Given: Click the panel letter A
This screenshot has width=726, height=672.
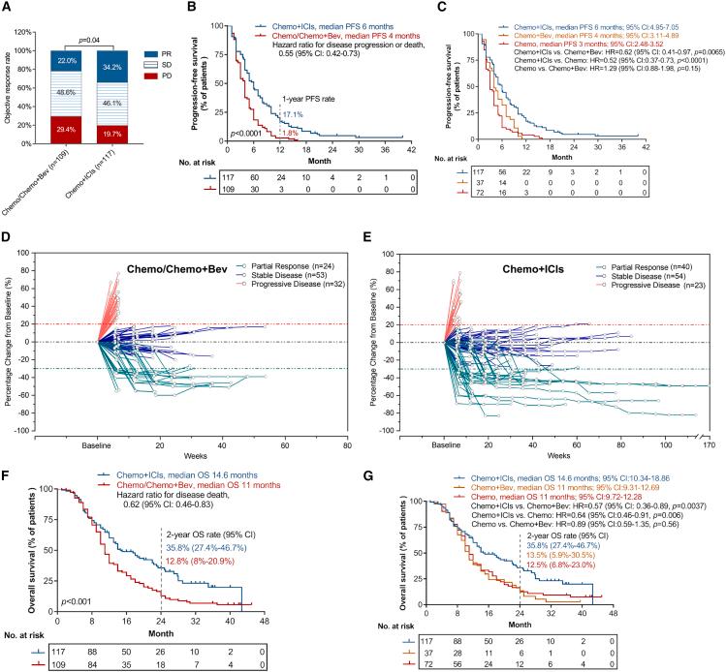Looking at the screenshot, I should coord(8,8).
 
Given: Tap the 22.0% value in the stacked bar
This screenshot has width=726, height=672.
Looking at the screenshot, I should coord(68,60).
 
